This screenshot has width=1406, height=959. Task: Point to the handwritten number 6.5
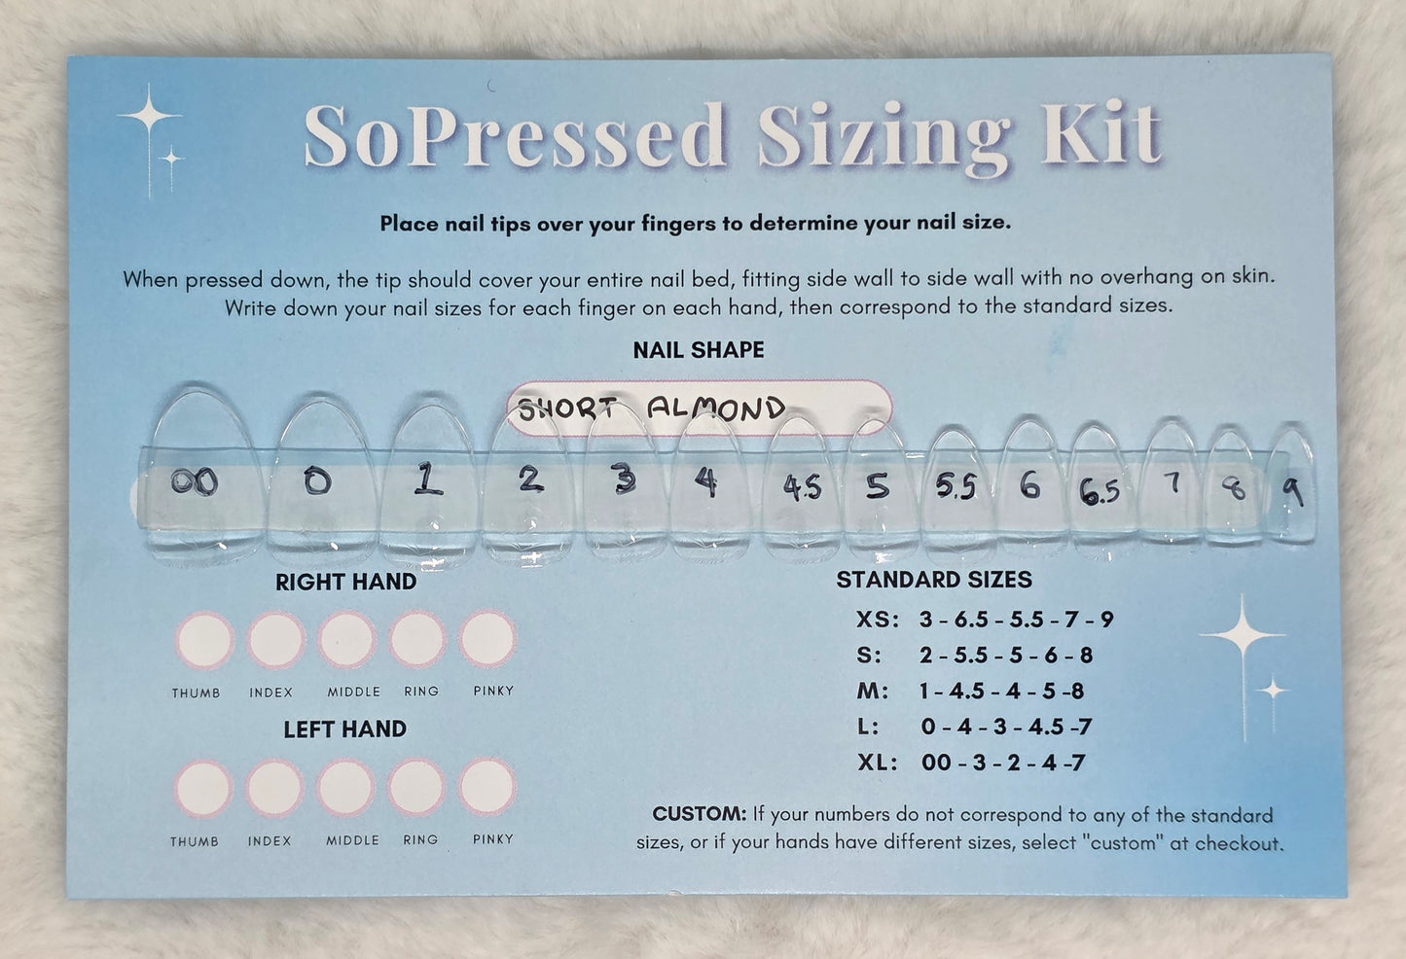tap(1099, 492)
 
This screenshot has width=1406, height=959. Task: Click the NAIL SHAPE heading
tap(699, 349)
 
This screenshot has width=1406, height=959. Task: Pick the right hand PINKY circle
tap(488, 640)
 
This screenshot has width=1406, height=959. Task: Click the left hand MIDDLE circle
tap(345, 787)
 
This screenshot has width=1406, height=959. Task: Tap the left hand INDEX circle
tap(274, 787)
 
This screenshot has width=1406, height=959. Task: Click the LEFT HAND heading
tap(344, 728)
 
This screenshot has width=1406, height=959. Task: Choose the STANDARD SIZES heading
tap(933, 580)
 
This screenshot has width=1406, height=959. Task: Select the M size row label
tap(874, 692)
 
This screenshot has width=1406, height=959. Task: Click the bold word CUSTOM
tap(699, 814)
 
